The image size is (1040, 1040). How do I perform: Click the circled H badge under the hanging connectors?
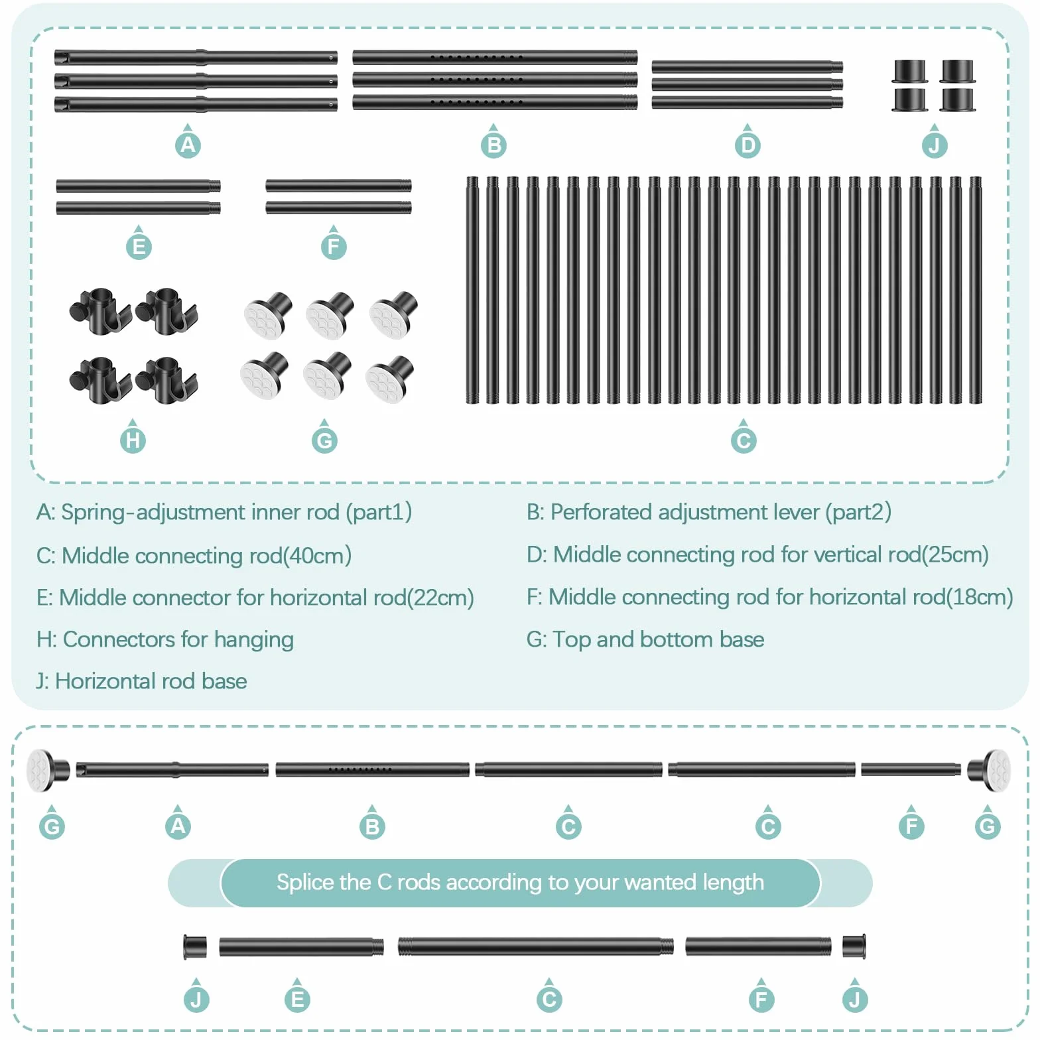click(133, 440)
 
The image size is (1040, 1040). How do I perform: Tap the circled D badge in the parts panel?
click(747, 145)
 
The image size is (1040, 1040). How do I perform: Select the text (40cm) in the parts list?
click(318, 556)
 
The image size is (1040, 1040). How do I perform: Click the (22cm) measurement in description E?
click(440, 598)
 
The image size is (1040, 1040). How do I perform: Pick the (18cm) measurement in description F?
click(979, 597)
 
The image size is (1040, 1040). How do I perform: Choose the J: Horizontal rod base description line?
click(141, 681)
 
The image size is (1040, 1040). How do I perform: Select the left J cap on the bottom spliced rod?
click(195, 947)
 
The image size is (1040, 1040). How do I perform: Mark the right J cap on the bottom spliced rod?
click(854, 946)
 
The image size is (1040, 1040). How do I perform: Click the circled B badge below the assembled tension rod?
click(372, 826)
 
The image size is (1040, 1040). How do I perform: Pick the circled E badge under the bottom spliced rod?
click(297, 1000)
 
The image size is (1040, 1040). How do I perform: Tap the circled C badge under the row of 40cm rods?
click(744, 440)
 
